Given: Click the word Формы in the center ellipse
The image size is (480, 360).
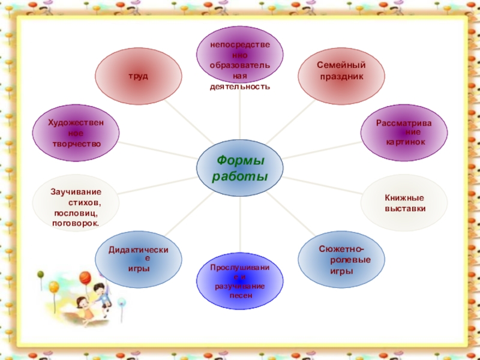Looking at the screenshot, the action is (x=240, y=161).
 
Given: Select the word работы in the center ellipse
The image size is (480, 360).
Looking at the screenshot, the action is (x=240, y=177).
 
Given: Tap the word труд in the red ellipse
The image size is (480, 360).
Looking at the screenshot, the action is (x=139, y=77).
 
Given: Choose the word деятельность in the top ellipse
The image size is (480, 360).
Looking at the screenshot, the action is (x=239, y=86).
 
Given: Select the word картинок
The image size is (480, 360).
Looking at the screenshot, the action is (x=406, y=142).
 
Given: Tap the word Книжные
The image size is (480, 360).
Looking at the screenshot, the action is (x=404, y=197).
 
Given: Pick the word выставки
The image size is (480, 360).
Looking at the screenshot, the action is (x=405, y=208).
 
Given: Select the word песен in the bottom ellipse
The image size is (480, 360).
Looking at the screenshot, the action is (x=240, y=296).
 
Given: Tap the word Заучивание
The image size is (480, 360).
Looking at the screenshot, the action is (x=76, y=191).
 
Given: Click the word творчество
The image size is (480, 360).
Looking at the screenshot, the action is (x=76, y=144).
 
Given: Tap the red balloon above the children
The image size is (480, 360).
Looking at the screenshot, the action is (x=85, y=278).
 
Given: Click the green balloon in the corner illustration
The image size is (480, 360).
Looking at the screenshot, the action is (x=41, y=275).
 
